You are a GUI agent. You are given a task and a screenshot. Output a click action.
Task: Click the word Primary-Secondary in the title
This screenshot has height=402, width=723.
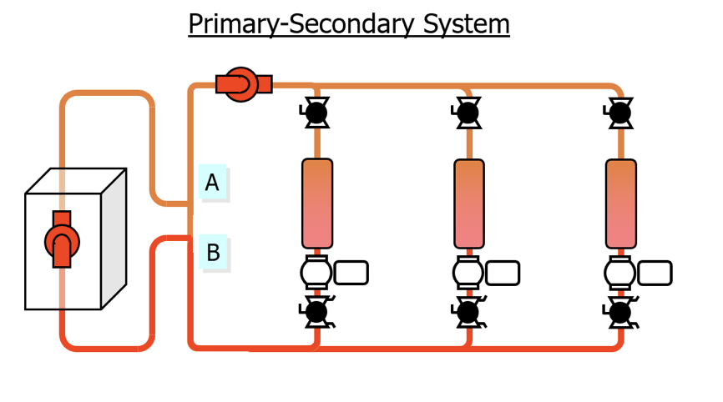point(301,24)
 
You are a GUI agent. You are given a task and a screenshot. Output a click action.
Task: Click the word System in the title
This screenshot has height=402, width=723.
point(466,24)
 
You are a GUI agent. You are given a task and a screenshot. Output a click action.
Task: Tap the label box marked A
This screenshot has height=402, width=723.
point(213,182)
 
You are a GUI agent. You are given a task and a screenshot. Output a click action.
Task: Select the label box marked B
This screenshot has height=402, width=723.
point(213,252)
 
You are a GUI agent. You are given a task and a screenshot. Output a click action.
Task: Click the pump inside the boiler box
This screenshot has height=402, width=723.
point(62,239)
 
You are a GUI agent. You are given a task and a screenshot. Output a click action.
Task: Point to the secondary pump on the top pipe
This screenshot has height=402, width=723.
point(244,84)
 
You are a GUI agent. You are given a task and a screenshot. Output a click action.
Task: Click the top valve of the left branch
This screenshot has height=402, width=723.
point(316,113)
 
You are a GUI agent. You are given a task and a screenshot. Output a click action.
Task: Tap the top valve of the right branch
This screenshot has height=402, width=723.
point(619,113)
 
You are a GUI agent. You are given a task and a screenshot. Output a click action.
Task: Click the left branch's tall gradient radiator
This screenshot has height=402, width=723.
point(317,204)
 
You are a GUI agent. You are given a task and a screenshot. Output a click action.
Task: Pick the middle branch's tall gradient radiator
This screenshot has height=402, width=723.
point(469,204)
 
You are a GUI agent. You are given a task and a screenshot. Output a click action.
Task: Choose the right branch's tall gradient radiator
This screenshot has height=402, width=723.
point(621,204)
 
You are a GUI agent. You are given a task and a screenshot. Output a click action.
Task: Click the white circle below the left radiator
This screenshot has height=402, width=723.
point(316,272)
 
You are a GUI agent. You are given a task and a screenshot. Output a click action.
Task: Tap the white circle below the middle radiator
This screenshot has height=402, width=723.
point(468,273)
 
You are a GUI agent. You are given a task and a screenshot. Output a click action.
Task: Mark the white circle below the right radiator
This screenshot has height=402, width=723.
point(619,273)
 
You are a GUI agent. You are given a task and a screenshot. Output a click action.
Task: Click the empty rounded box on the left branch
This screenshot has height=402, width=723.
point(351,273)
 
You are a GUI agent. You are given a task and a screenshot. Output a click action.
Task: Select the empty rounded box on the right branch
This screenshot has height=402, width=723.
point(655,273)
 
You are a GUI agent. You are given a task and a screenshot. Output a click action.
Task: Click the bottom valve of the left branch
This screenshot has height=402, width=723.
point(316,312)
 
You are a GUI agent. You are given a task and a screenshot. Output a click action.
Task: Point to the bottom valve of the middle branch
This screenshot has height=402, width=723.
point(468,312)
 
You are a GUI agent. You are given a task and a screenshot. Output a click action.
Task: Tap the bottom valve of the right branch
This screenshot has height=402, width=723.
point(620,313)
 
